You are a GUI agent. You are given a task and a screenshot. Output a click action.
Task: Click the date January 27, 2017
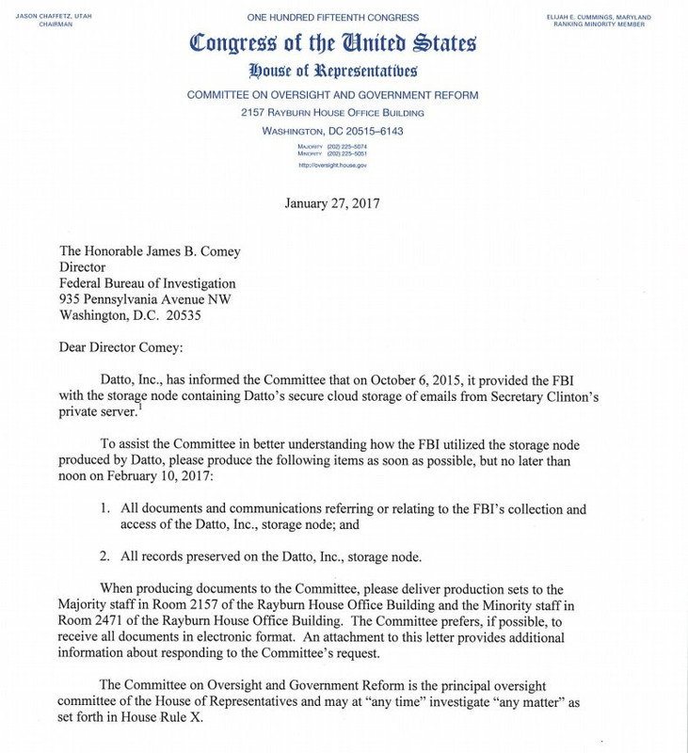tap(332, 203)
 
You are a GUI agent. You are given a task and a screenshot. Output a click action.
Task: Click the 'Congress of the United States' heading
tap(332, 43)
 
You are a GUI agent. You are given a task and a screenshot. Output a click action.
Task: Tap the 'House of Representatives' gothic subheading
tap(332, 71)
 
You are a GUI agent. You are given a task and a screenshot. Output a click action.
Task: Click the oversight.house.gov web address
tap(332, 165)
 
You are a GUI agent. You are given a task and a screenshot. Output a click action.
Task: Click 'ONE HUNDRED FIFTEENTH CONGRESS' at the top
tap(332, 17)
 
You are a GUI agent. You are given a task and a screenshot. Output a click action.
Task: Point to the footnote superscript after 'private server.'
tap(165, 407)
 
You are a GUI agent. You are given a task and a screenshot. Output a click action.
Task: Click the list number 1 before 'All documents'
tap(105, 509)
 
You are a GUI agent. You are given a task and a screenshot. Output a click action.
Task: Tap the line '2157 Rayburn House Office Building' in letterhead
tap(332, 113)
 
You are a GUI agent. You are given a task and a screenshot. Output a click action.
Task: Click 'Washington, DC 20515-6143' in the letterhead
tap(332, 131)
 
